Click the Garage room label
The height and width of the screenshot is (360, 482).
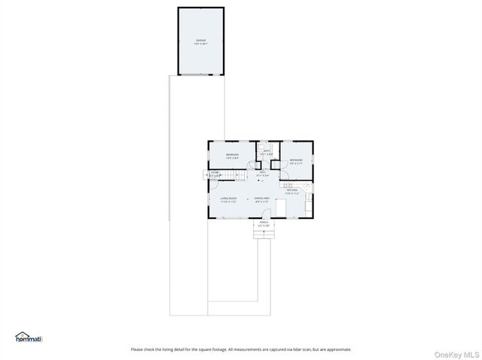point(201,41)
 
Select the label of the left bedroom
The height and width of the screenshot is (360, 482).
point(232,157)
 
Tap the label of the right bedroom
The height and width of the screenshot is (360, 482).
point(296,160)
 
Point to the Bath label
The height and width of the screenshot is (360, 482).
point(267,152)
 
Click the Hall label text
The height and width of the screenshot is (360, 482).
point(263,174)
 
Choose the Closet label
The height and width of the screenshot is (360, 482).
point(215,174)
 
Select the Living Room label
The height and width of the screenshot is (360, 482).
point(228,200)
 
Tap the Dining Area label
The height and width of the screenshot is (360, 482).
point(262,200)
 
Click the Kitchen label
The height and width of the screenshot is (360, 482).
point(292,191)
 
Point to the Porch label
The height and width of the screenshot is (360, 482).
point(264,224)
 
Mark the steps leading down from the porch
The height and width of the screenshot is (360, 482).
point(264,234)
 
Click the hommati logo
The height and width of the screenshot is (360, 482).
point(29,337)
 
